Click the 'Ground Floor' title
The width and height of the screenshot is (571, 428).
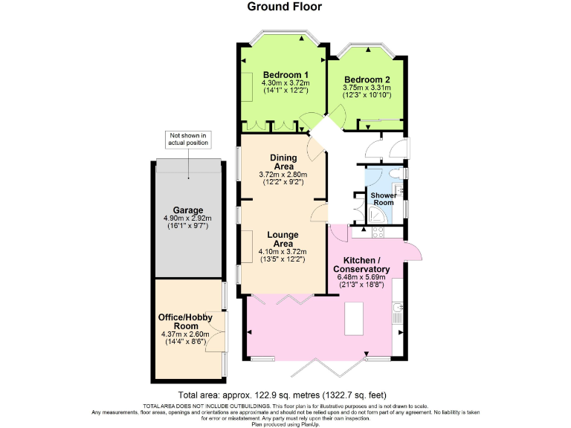pyautogui.click(x=285, y=7)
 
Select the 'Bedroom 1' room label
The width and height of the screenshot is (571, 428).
pyautogui.click(x=285, y=75)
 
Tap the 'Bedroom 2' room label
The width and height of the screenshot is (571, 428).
pyautogui.click(x=367, y=80)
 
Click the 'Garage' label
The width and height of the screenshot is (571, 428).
pyautogui.click(x=188, y=210)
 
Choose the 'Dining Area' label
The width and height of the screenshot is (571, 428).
pyautogui.click(x=283, y=162)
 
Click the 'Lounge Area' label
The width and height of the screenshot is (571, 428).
pyautogui.click(x=283, y=239)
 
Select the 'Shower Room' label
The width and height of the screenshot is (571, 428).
pyautogui.click(x=384, y=199)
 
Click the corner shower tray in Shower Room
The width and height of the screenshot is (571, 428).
pyautogui.click(x=377, y=215)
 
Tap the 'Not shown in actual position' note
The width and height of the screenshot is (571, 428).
pyautogui.click(x=188, y=140)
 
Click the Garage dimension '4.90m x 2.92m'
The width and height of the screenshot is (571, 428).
pyautogui.click(x=188, y=218)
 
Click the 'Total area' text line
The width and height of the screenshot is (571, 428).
pyautogui.click(x=285, y=395)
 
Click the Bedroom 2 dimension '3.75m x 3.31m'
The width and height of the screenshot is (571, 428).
pyautogui.click(x=367, y=88)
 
